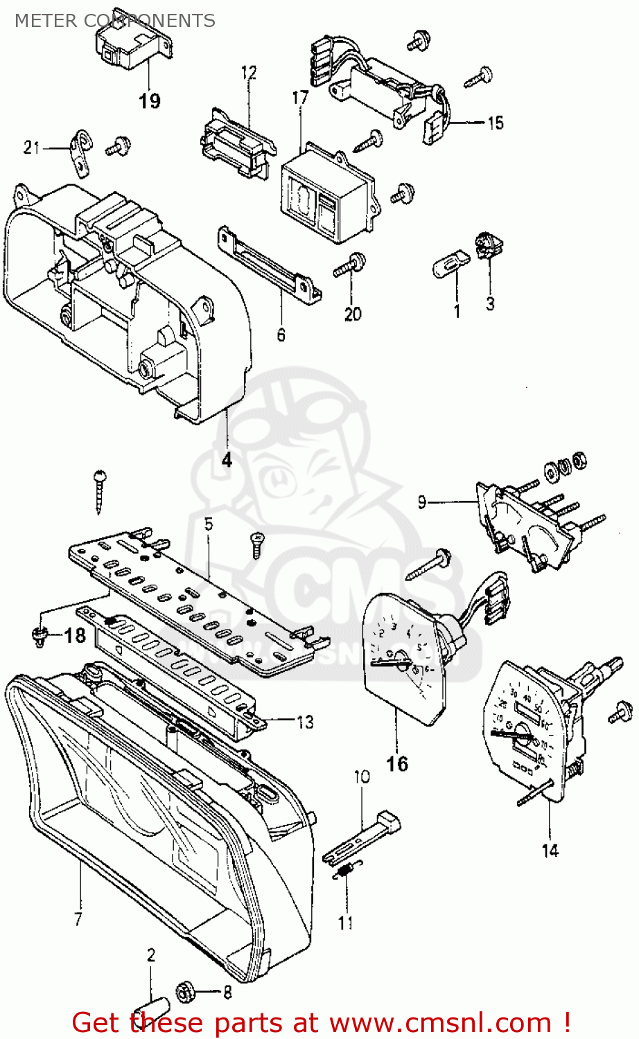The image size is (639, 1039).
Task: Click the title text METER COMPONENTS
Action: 114,21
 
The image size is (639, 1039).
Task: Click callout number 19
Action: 149,101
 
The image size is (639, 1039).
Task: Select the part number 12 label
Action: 249,73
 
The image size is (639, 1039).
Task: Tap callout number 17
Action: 300,98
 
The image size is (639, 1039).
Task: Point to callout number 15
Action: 496,123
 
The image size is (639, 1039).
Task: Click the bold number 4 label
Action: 227,459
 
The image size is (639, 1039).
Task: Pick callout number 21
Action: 32,148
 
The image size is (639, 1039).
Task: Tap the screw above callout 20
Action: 351,265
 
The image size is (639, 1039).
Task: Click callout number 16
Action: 397,763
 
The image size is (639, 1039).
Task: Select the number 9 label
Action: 422,502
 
